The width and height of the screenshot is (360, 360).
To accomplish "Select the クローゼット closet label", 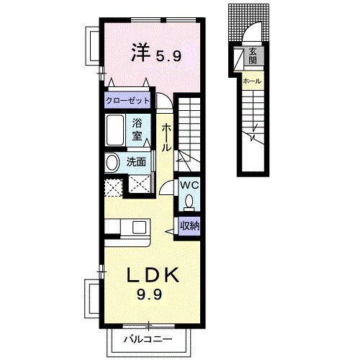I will pyautogui.click(x=127, y=102).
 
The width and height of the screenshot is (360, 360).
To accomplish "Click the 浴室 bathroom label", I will pyautogui.click(x=138, y=129).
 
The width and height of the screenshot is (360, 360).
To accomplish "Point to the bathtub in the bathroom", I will pyautogui.click(x=116, y=132).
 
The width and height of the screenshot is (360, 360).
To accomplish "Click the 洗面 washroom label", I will pyautogui.click(x=137, y=161).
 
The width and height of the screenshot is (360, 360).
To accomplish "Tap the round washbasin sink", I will pyautogui.click(x=112, y=163).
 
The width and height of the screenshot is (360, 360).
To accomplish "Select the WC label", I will pyautogui.click(x=189, y=185).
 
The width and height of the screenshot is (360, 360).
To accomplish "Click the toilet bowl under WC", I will pyautogui.click(x=189, y=201).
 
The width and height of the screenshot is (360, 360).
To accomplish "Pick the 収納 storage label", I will pyautogui.click(x=189, y=225).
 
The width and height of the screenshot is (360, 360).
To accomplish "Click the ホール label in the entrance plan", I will pyautogui.click(x=252, y=81).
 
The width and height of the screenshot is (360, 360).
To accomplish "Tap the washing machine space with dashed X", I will pyautogui.click(x=114, y=187).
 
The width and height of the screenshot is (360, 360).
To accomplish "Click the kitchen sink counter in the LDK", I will pyautogui.click(x=123, y=228).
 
